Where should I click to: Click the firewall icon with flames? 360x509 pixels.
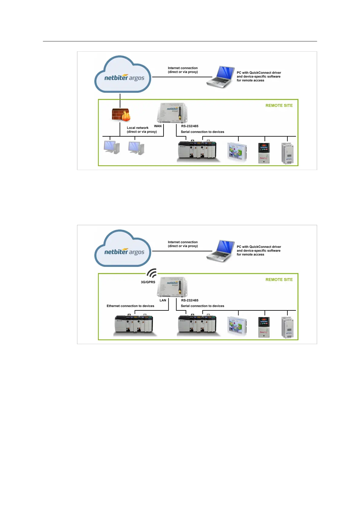pos(121,115)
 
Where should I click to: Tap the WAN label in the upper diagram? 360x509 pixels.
pos(158,126)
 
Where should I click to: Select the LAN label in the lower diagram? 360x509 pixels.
pos(163,300)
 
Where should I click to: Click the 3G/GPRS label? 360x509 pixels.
pos(148,282)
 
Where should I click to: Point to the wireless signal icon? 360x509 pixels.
pos(152,273)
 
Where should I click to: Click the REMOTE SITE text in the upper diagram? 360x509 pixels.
pos(279,105)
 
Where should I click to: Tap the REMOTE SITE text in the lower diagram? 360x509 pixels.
pos(279,280)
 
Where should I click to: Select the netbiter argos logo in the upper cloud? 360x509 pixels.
pos(124,78)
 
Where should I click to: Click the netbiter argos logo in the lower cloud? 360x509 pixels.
pos(124,252)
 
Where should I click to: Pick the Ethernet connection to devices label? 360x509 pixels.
pos(130,306)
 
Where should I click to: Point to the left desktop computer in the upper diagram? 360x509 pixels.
pos(112,147)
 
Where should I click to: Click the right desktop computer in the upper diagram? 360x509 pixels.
pos(136,148)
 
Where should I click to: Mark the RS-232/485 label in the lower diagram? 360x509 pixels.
pos(190,300)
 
